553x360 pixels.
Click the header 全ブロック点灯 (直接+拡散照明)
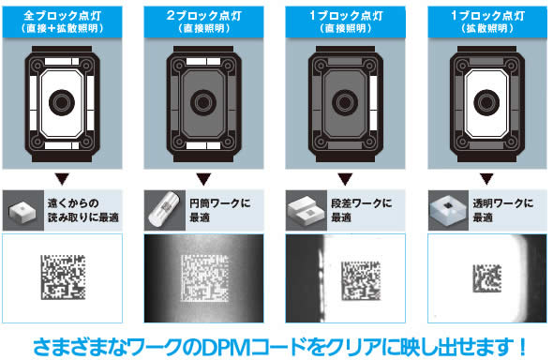pyautogui.click(x=63, y=22)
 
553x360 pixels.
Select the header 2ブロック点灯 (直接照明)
pyautogui.click(x=203, y=22)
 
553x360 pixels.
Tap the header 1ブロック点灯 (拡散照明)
pyautogui.click(x=487, y=22)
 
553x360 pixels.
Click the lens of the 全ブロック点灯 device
pyautogui.click(x=62, y=102)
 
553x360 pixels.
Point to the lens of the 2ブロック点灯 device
pyautogui.click(x=203, y=102)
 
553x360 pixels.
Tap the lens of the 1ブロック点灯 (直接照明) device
pyautogui.click(x=345, y=102)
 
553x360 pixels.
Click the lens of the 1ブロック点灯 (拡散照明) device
pyautogui.click(x=486, y=102)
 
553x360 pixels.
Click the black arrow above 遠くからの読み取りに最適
pyautogui.click(x=62, y=179)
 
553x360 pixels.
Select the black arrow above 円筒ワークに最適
pyautogui.click(x=203, y=179)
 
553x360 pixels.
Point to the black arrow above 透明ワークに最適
pyautogui.click(x=486, y=179)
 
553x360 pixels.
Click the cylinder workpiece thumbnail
pyautogui.click(x=165, y=211)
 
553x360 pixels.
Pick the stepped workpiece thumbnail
pyautogui.click(x=306, y=211)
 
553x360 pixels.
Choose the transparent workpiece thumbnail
pyautogui.click(x=448, y=211)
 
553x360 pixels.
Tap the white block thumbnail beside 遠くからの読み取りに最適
pyautogui.click(x=22, y=212)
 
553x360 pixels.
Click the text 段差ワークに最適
pyautogui.click(x=361, y=211)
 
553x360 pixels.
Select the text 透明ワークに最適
pyautogui.click(x=503, y=211)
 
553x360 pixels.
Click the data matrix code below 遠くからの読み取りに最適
pyautogui.click(x=63, y=277)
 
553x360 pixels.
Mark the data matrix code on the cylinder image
pyautogui.click(x=203, y=278)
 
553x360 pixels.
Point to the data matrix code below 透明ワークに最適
pyautogui.click(x=487, y=278)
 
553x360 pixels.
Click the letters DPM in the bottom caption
pyautogui.click(x=225, y=347)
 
